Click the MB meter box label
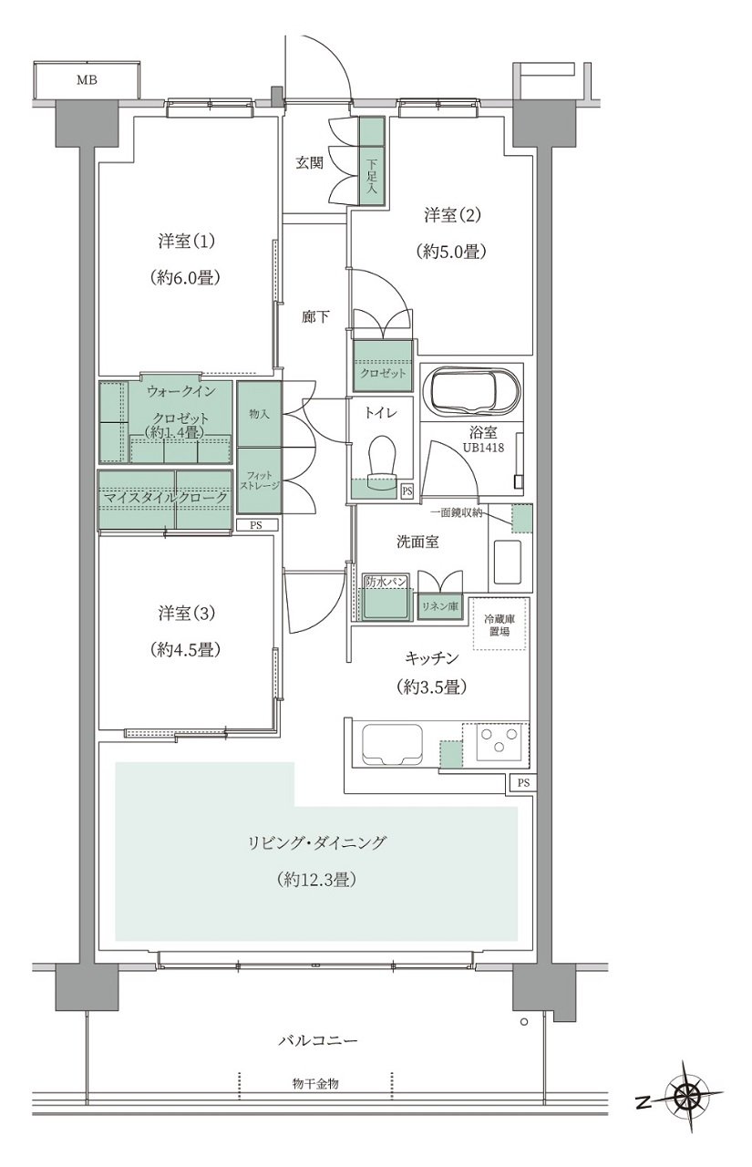pyautogui.click(x=87, y=80)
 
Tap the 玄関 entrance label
pyautogui.click(x=310, y=163)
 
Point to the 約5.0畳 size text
pyautogui.click(x=451, y=253)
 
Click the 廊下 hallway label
pyautogui.click(x=315, y=316)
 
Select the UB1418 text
pyautogui.click(x=484, y=448)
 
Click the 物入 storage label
pyautogui.click(x=259, y=415)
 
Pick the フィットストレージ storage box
pyautogui.click(x=260, y=480)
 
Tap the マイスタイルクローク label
pyautogui.click(x=166, y=498)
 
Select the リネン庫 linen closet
pyautogui.click(x=441, y=607)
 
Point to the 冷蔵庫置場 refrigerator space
pyautogui.click(x=499, y=625)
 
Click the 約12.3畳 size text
pyautogui.click(x=316, y=881)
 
